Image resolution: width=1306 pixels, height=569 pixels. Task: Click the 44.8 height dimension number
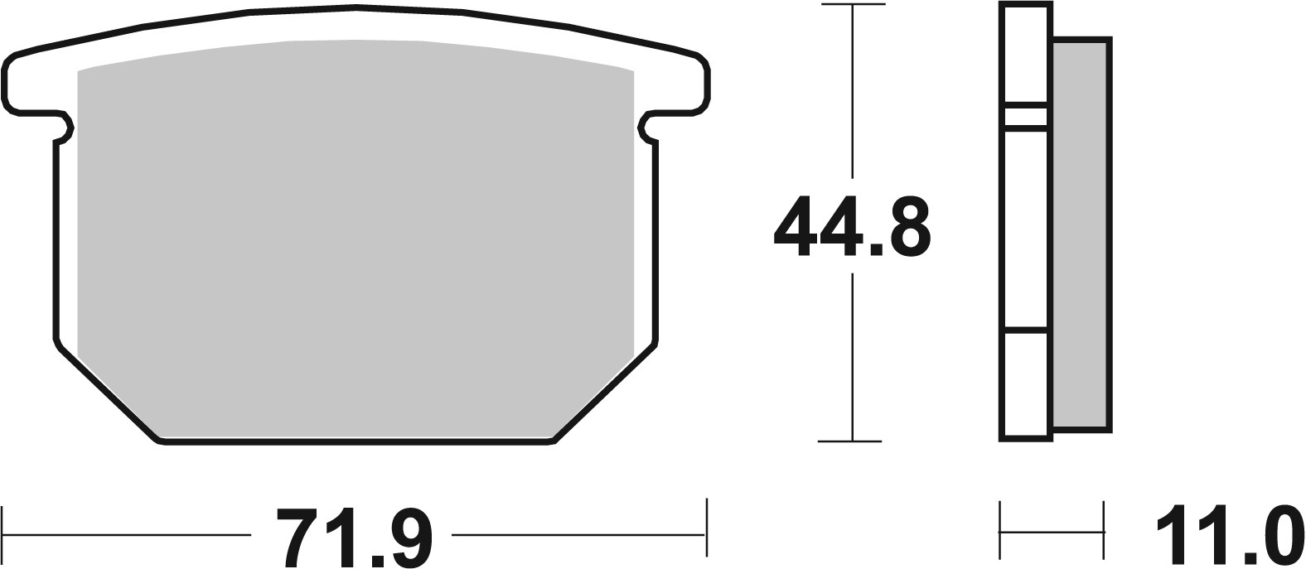coord(851,227)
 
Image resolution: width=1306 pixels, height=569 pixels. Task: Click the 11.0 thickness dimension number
coord(1225,535)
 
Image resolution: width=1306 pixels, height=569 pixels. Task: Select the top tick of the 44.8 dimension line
coord(851,6)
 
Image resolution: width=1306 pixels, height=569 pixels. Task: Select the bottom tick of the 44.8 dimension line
coord(851,440)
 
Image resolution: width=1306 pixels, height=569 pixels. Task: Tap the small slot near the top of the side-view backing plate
coord(1026,117)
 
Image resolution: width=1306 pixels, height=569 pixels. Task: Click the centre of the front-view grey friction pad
coord(355,240)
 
